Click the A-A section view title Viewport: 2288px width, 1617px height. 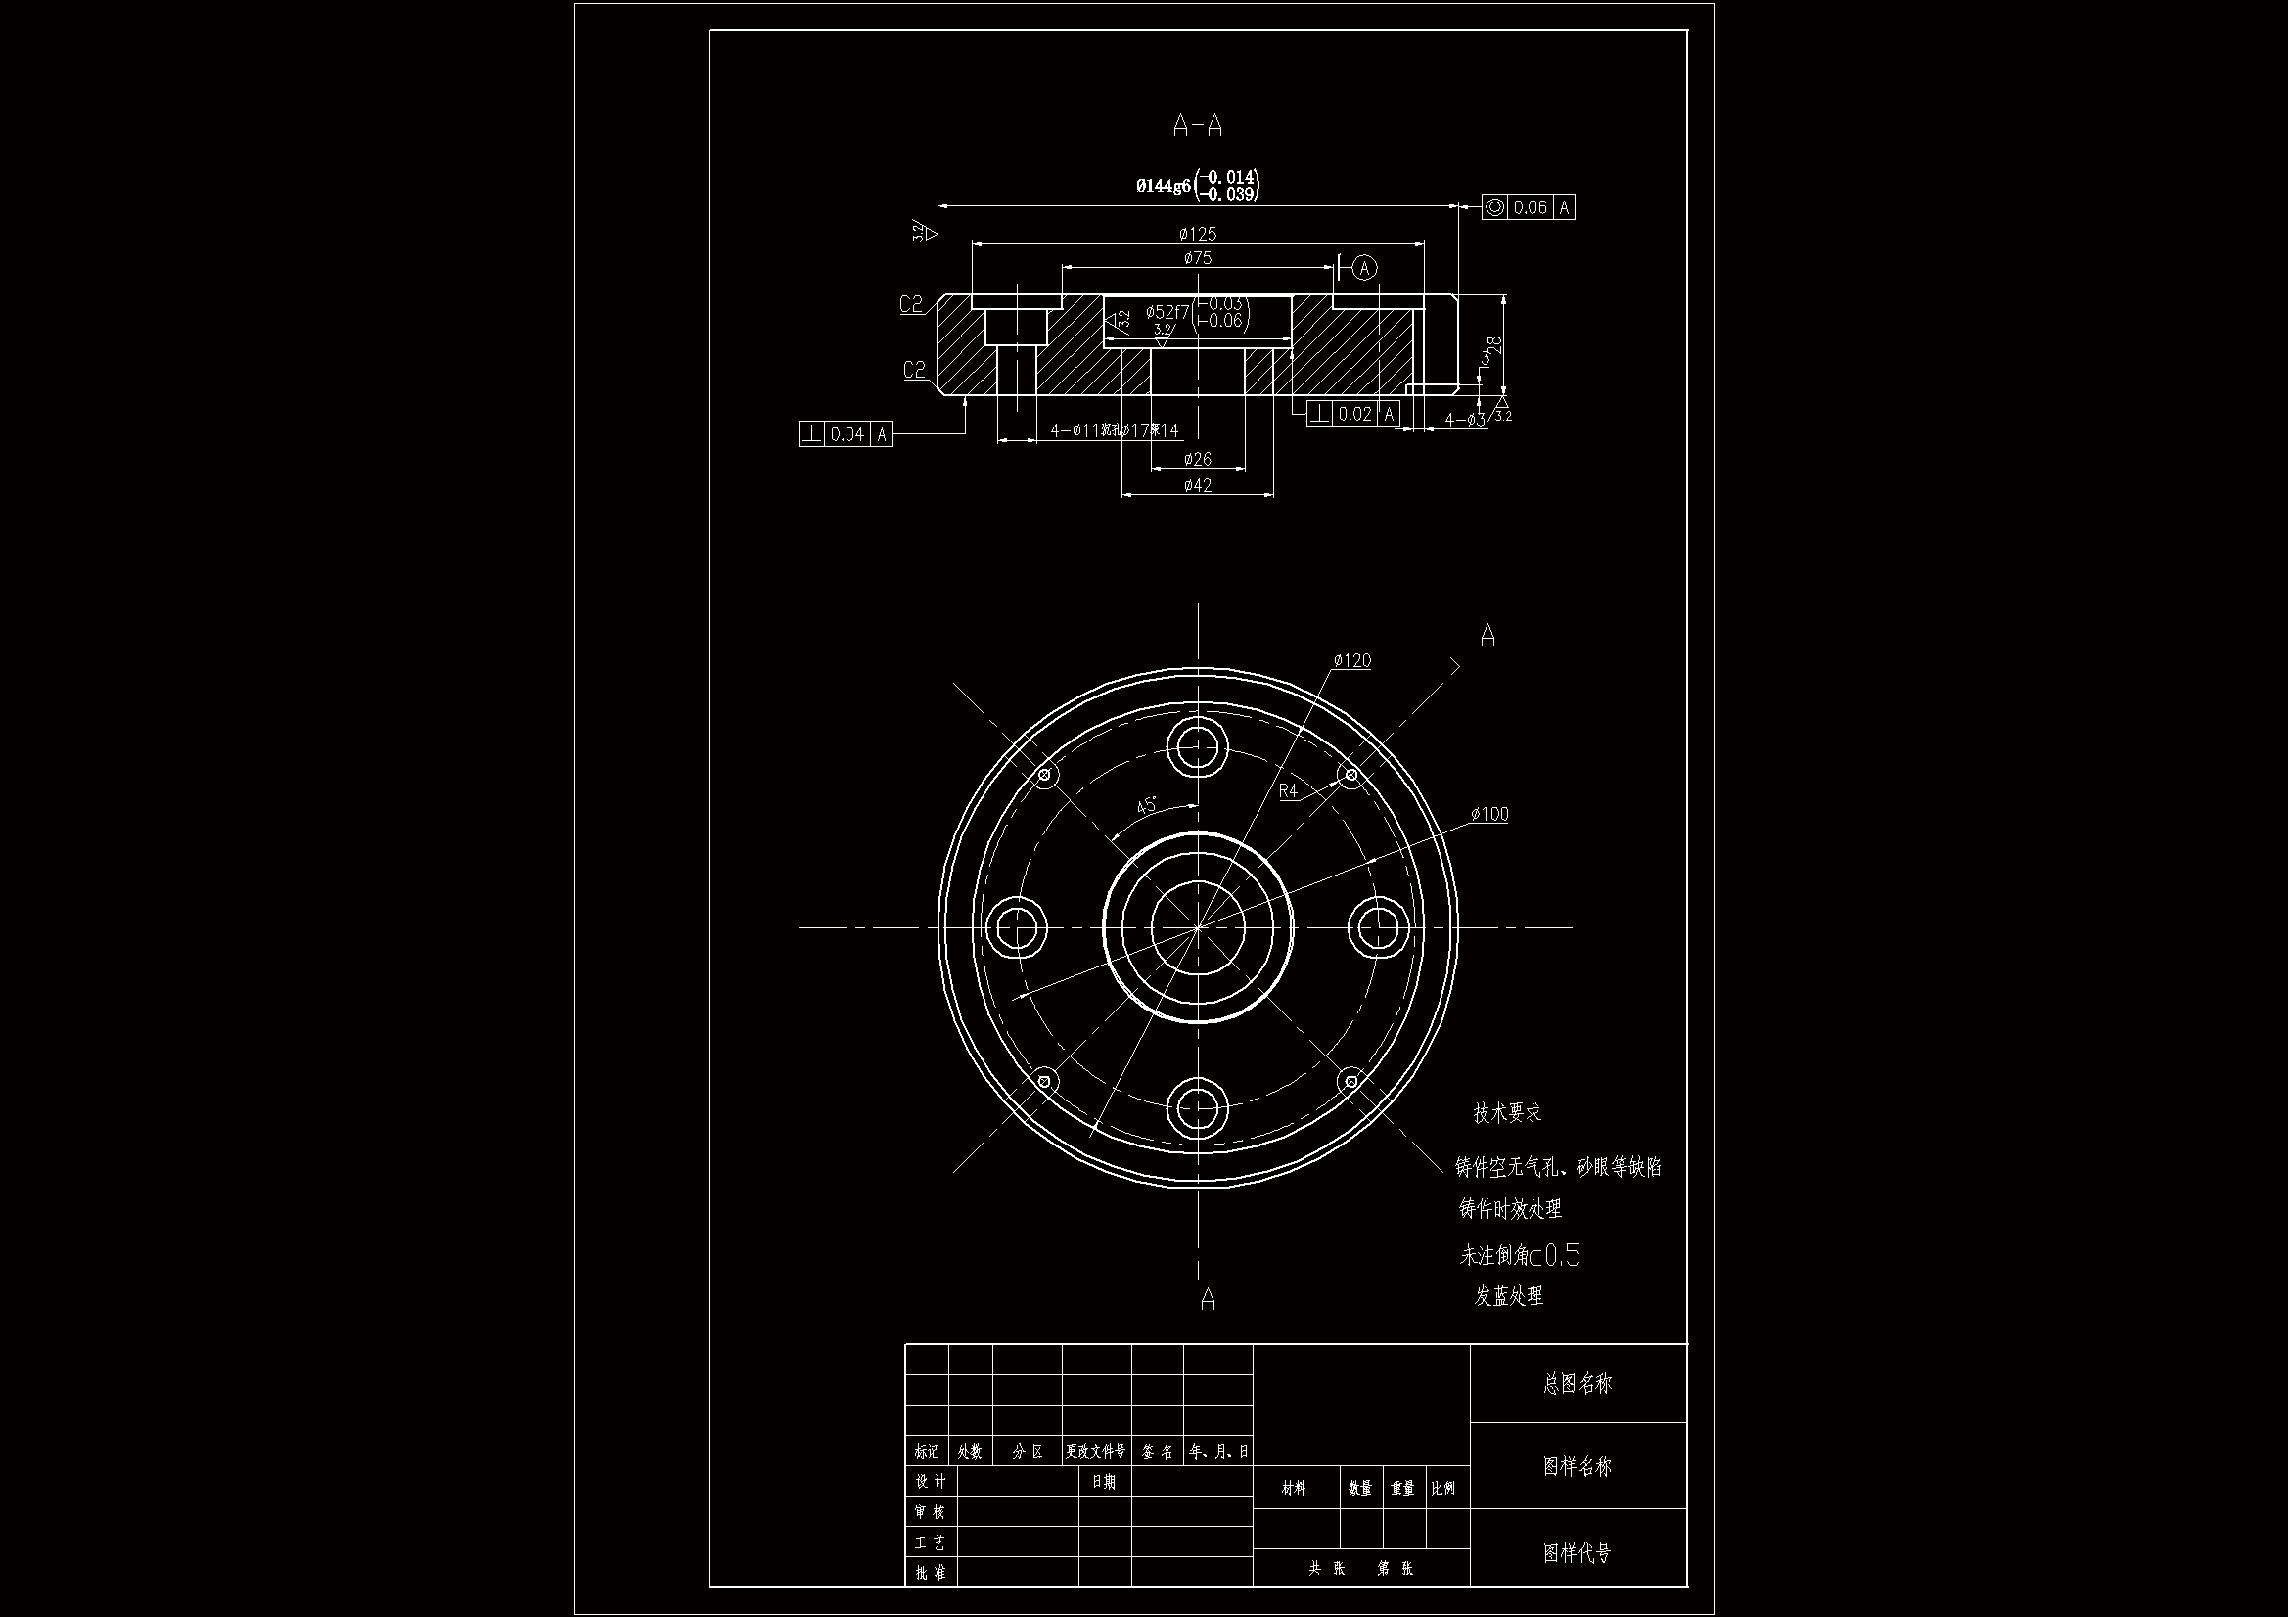[1197, 126]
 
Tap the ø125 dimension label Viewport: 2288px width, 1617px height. [1197, 234]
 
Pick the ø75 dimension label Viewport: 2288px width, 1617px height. [1197, 258]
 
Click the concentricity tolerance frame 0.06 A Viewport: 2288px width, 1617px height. [1528, 207]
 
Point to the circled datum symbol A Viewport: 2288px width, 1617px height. [1365, 268]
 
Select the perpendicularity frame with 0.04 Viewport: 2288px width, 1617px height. [846, 434]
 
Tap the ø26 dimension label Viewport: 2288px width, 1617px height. [1197, 460]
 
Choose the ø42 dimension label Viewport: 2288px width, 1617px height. [1197, 486]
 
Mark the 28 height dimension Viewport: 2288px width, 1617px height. [1492, 345]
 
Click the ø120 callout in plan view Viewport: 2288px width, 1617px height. [1352, 661]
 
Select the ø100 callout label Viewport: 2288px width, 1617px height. [1489, 815]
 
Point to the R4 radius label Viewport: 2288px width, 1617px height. [1289, 791]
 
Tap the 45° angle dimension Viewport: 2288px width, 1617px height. [1147, 805]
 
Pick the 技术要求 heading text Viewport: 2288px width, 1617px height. [1507, 1114]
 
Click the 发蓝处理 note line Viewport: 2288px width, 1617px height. [1509, 1296]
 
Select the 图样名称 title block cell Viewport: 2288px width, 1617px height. [1577, 1465]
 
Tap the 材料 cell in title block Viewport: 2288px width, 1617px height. [1294, 1489]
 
